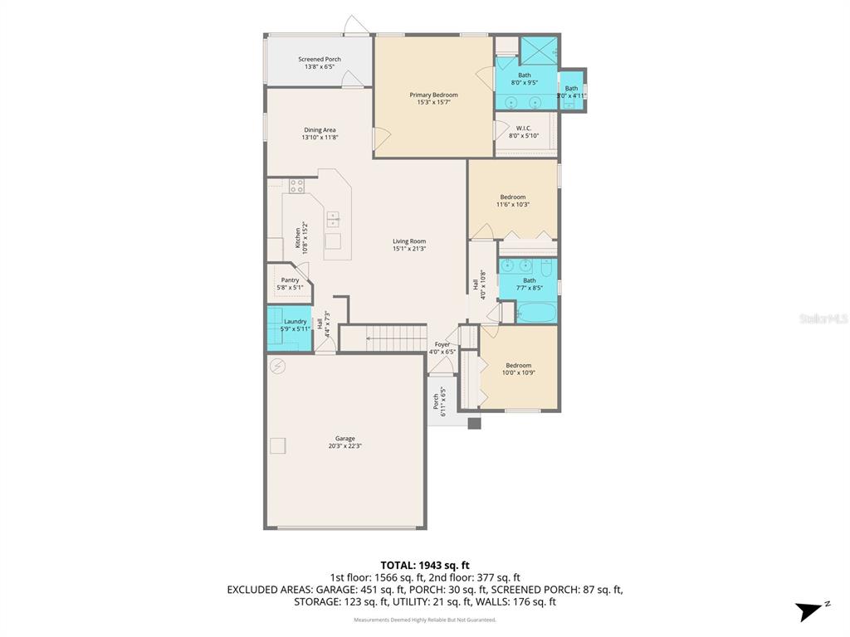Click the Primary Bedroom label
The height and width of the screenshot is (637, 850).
click(433, 95)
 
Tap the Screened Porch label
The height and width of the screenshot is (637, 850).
click(320, 60)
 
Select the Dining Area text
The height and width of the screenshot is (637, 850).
click(320, 130)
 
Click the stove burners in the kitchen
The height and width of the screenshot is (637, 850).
click(297, 185)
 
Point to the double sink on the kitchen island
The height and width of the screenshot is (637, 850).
click(333, 220)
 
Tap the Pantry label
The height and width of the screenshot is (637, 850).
click(290, 280)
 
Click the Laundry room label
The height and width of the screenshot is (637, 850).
click(296, 322)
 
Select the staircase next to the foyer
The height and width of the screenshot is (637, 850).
click(385, 338)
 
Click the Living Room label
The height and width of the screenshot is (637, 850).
click(409, 241)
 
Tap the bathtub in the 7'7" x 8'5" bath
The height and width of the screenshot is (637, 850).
click(536, 314)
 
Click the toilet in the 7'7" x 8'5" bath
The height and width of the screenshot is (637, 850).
click(546, 268)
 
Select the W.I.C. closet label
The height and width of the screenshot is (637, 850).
click(524, 128)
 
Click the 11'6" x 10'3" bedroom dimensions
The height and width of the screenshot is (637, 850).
click(513, 205)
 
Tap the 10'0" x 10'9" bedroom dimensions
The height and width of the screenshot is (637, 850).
click(519, 372)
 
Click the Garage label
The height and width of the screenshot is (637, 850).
click(344, 439)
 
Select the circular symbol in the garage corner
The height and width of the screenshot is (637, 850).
click(277, 366)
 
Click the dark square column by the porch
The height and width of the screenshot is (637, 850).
click(474, 423)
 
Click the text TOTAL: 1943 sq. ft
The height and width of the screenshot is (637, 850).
click(425, 565)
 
